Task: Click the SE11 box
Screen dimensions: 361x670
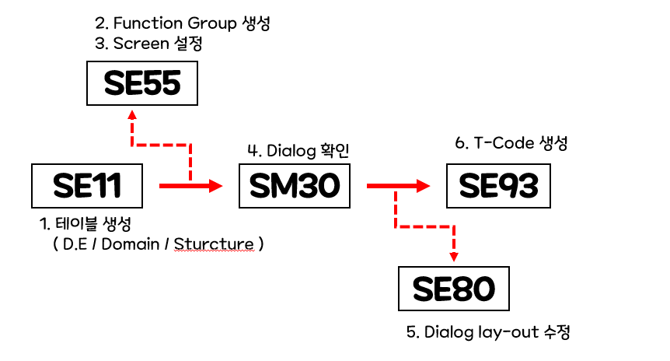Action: coord(87,186)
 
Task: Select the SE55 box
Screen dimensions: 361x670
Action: coord(141,84)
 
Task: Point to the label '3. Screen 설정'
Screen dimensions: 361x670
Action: coord(148,44)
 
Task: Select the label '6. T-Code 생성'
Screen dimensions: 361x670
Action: coord(511,144)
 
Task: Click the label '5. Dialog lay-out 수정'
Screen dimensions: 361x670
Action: coord(488,332)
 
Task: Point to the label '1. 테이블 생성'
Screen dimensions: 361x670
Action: coord(85,224)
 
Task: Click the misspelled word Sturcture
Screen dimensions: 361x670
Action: coord(214,244)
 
